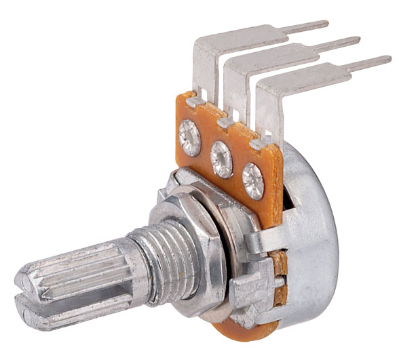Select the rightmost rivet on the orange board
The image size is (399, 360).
coord(253,180)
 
